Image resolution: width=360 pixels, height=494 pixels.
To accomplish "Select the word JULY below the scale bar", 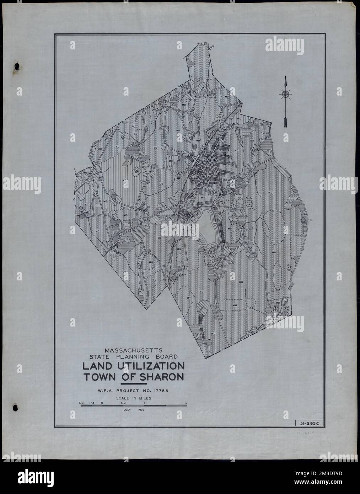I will pos(127,410).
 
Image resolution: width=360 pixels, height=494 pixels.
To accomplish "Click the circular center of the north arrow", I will pos(285,94).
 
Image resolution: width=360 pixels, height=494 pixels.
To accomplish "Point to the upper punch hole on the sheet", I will pos(16,66).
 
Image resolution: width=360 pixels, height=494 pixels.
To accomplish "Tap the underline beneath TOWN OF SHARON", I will pos(134,385).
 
